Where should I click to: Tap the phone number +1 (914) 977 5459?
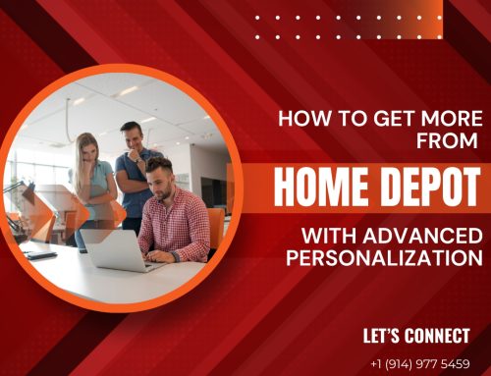(419, 362)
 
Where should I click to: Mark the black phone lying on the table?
(40, 254)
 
